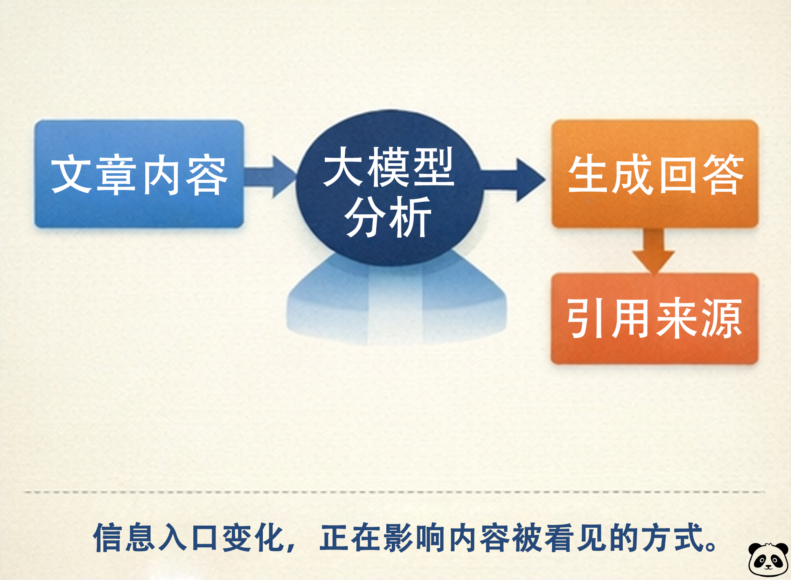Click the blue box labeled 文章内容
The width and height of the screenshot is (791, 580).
(x=139, y=174)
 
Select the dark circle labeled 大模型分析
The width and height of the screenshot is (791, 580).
(x=389, y=187)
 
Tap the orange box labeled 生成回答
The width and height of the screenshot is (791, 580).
(x=655, y=174)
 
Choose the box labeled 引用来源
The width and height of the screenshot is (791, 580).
(x=655, y=318)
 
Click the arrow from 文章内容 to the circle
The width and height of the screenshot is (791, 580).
(x=270, y=177)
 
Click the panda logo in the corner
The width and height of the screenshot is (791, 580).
(x=768, y=559)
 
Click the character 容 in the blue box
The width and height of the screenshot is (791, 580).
(x=207, y=176)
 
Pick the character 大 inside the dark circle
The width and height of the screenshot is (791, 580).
(x=345, y=166)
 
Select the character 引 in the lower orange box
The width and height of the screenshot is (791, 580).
(x=587, y=318)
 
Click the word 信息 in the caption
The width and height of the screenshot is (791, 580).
(x=124, y=537)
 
